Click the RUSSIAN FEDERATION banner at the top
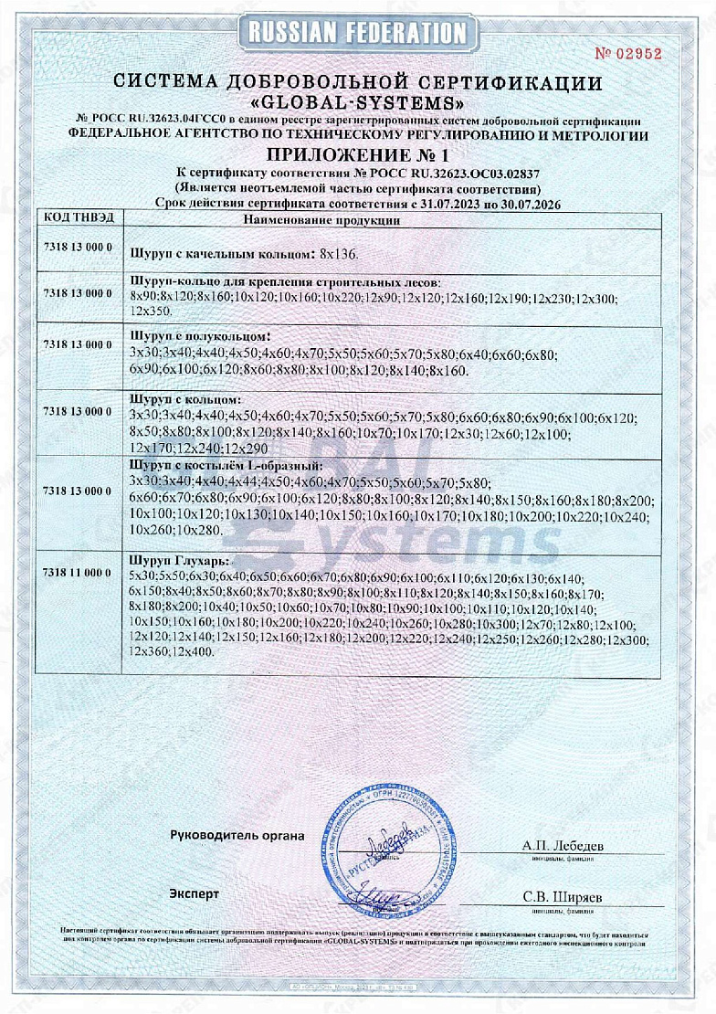click(357, 34)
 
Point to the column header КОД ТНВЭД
click(78, 219)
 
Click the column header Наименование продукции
click(321, 219)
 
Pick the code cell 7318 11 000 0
click(78, 572)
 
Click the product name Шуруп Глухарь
click(180, 559)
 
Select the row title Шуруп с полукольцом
click(201, 337)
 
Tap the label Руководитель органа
click(237, 835)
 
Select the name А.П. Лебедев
click(563, 846)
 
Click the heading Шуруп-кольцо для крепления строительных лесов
click(286, 283)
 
